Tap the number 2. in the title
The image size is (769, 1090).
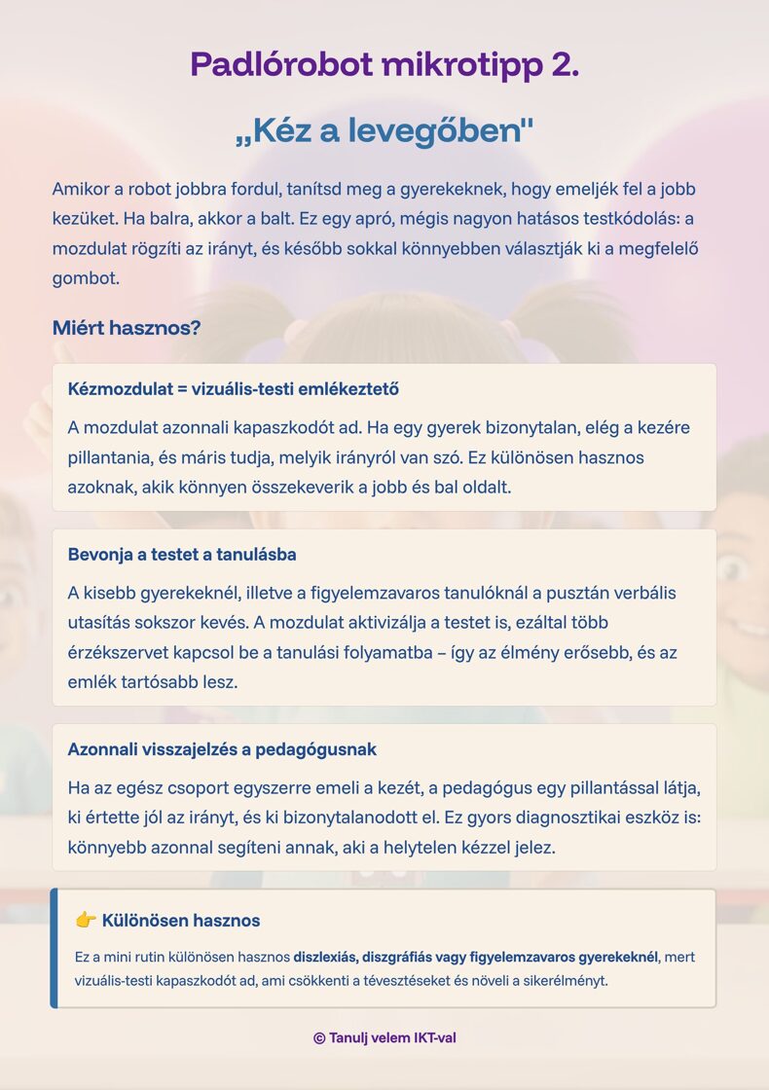[565, 64]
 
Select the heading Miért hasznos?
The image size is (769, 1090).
[127, 328]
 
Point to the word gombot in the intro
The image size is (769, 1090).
[85, 278]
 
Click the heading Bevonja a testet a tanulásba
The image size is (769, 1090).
[182, 555]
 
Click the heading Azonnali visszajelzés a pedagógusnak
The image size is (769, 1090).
[222, 750]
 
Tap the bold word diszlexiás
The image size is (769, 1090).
[325, 958]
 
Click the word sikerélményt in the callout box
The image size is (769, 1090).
[563, 981]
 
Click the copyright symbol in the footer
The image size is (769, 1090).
[319, 1038]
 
